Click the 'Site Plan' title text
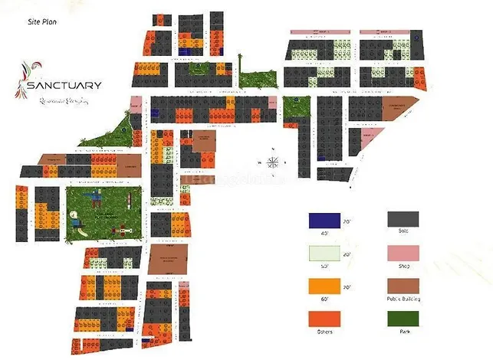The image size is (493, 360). point(41,22)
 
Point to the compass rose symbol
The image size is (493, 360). point(273,161)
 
